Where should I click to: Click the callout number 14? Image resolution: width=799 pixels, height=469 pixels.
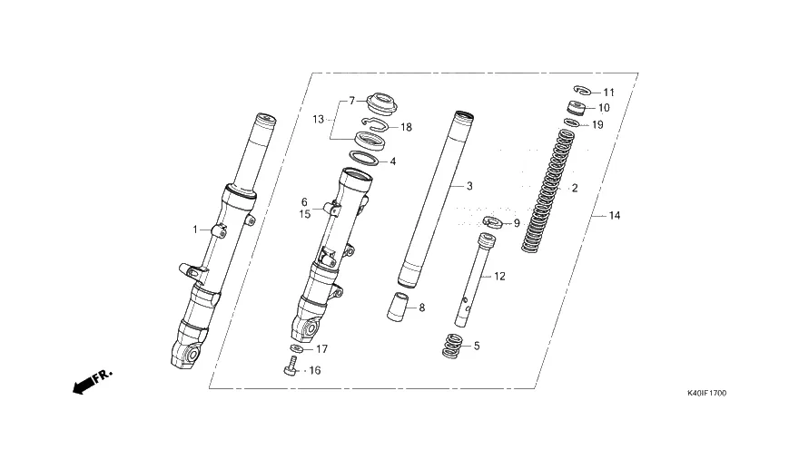615,215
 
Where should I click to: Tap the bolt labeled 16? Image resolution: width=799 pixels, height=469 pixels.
291,367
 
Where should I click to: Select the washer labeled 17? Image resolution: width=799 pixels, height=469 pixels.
296,348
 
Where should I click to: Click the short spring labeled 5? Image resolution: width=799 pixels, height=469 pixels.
452,346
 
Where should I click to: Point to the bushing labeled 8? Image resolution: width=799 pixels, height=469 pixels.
399,307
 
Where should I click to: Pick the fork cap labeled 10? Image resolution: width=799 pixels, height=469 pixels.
576,107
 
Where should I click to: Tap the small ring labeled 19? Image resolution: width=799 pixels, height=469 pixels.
571,122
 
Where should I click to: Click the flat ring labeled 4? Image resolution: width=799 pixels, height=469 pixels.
364,158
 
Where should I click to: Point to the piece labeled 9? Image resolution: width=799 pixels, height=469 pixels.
492,221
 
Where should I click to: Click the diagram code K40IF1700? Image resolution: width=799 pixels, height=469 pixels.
706,393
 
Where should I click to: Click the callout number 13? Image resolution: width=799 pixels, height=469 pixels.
318,119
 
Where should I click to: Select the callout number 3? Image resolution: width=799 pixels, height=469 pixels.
469,186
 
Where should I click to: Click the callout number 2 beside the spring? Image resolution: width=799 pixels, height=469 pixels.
575,188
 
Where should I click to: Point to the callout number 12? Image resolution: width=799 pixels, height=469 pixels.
499,276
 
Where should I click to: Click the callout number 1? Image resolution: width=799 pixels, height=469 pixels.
194,230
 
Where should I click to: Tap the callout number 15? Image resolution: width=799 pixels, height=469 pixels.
305,214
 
